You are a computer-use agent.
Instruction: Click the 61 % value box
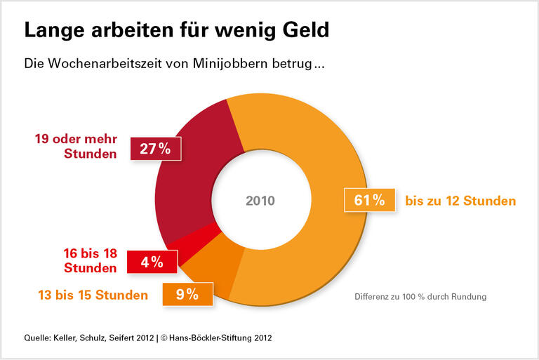(x=369, y=200)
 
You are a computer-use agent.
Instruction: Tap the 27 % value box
(x=156, y=148)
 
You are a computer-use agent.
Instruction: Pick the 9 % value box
(x=186, y=295)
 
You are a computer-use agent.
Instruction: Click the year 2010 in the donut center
(x=260, y=201)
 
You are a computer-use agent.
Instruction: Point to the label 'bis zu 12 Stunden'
(x=460, y=201)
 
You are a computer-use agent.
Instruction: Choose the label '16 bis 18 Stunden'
(x=89, y=262)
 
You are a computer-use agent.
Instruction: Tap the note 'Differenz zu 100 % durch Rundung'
(x=420, y=297)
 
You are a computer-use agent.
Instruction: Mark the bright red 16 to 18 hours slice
(x=175, y=244)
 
